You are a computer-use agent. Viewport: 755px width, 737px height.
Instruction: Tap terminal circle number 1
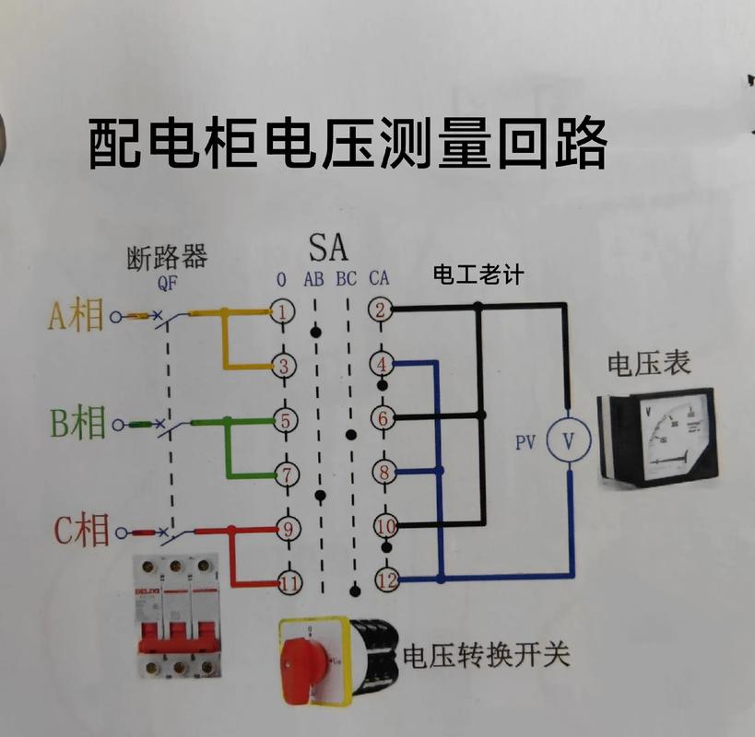284,310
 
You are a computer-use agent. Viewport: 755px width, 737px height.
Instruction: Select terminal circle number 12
385,579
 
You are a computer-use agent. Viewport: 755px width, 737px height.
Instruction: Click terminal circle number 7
286,475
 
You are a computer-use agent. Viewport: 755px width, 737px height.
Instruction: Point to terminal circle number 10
385,526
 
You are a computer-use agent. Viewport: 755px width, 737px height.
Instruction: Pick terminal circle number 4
383,364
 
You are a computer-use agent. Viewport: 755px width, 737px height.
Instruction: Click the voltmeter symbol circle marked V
568,441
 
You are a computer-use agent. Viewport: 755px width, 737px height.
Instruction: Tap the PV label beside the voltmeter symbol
525,442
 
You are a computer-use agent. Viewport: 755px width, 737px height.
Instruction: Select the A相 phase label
76,315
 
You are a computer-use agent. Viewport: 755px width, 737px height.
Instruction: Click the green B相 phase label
77,424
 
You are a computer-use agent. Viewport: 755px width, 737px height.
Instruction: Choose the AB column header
313,278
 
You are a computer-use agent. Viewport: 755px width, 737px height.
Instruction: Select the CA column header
378,278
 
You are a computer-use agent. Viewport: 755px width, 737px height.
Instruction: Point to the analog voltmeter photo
657,437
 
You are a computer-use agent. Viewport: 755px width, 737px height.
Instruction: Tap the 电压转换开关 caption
486,655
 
